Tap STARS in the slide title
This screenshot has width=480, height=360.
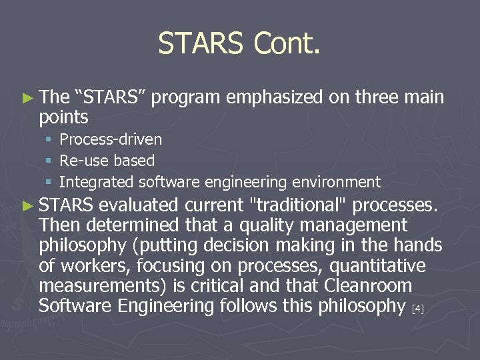click(201, 44)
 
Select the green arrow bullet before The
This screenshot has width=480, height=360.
click(27, 98)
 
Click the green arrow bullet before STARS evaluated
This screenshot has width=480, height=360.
click(27, 205)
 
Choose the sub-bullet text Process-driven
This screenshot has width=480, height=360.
click(111, 139)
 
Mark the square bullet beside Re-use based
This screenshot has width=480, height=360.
click(49, 161)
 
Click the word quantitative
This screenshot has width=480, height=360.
click(382, 266)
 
